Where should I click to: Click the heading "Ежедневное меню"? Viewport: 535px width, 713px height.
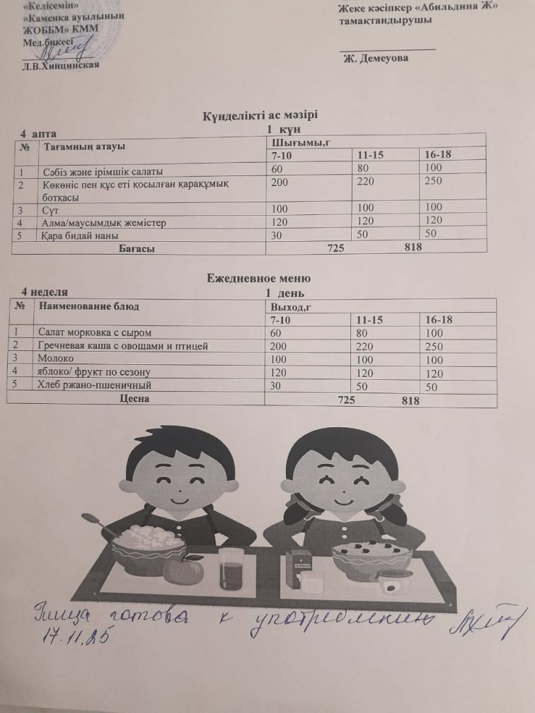258,279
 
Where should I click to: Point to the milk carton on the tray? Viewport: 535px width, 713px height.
299,569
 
